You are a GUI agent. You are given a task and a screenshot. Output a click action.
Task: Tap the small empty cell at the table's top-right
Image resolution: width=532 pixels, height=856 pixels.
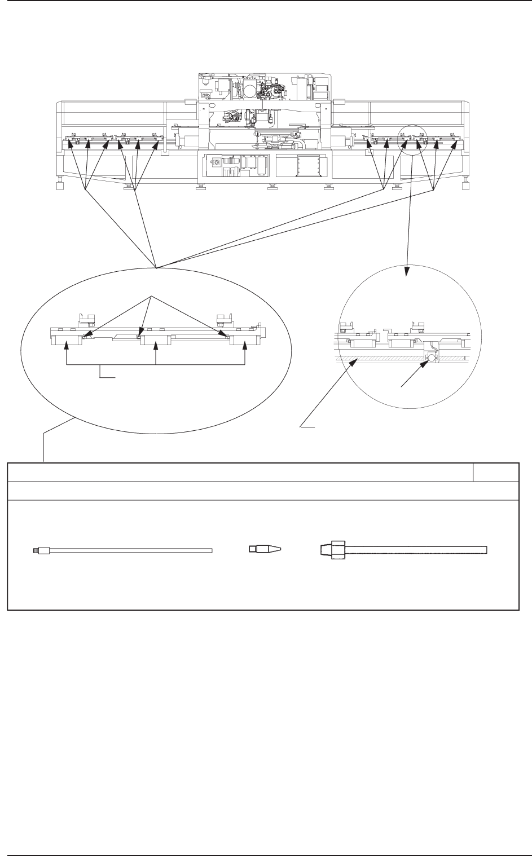click(496, 473)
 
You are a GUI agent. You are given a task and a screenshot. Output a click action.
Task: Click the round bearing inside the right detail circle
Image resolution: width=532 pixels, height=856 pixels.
click(433, 358)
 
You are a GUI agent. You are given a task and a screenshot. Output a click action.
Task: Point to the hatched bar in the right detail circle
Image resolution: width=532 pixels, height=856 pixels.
click(384, 358)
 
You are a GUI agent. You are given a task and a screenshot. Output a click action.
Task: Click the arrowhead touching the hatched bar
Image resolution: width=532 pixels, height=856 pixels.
click(354, 363)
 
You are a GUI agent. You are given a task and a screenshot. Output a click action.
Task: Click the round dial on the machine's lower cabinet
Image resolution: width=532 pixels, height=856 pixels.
click(216, 161)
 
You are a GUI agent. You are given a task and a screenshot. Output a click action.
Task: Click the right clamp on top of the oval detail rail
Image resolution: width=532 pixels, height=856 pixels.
click(225, 320)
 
